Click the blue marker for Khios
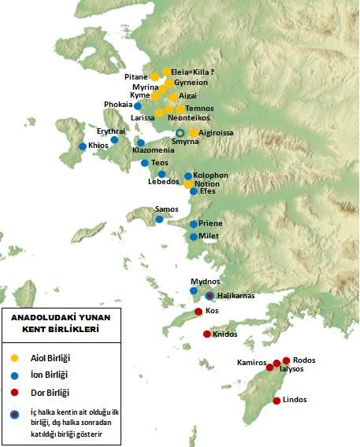[83, 146]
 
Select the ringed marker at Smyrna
[180, 133]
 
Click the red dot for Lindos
[276, 401]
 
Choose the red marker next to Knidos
[207, 334]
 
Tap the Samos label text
[166, 209]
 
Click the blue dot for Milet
[194, 236]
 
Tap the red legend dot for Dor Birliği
[13, 392]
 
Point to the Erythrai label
[111, 131]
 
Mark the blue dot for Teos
[145, 163]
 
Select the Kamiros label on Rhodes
[252, 362]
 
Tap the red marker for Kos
[199, 312]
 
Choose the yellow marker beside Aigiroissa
[194, 133]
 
